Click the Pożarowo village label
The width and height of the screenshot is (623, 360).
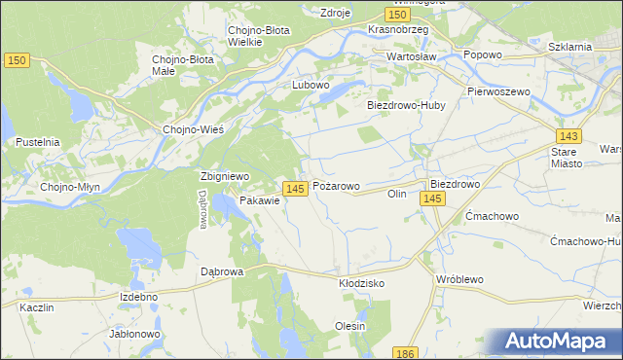click(x=336, y=185)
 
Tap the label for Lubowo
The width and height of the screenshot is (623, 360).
click(x=312, y=85)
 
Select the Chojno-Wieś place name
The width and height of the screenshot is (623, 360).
click(x=195, y=130)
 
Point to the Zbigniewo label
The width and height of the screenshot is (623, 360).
click(x=225, y=176)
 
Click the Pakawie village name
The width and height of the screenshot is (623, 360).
click(x=260, y=200)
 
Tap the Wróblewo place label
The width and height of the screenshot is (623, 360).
click(x=460, y=279)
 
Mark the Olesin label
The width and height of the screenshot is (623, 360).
click(x=350, y=326)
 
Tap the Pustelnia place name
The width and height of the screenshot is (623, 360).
click(x=38, y=142)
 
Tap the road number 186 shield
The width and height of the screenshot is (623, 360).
click(x=406, y=352)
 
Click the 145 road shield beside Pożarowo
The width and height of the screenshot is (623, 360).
click(x=297, y=186)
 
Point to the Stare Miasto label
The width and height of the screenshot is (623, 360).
click(x=564, y=159)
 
